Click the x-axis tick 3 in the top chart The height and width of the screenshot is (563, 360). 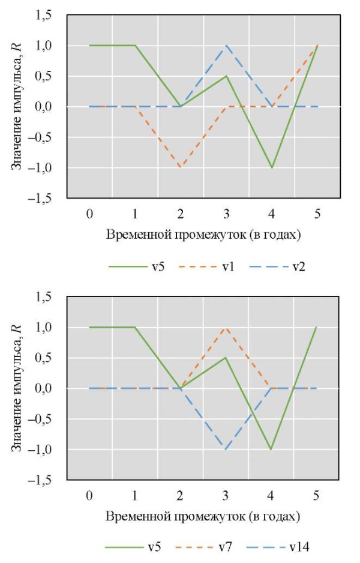pyautogui.click(x=226, y=213)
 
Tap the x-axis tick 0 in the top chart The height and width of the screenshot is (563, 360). pyautogui.click(x=89, y=213)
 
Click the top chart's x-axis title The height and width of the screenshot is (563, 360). pyautogui.click(x=203, y=235)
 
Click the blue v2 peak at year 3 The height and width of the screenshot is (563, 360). pyautogui.click(x=226, y=46)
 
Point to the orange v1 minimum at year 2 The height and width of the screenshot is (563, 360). pyautogui.click(x=181, y=167)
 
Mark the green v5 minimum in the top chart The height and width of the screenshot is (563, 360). pyautogui.click(x=272, y=167)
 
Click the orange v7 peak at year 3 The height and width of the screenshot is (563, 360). pyautogui.click(x=226, y=328)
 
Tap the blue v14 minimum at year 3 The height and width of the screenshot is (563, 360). pyautogui.click(x=226, y=450)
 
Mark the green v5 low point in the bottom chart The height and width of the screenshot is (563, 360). pyautogui.click(x=272, y=450)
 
